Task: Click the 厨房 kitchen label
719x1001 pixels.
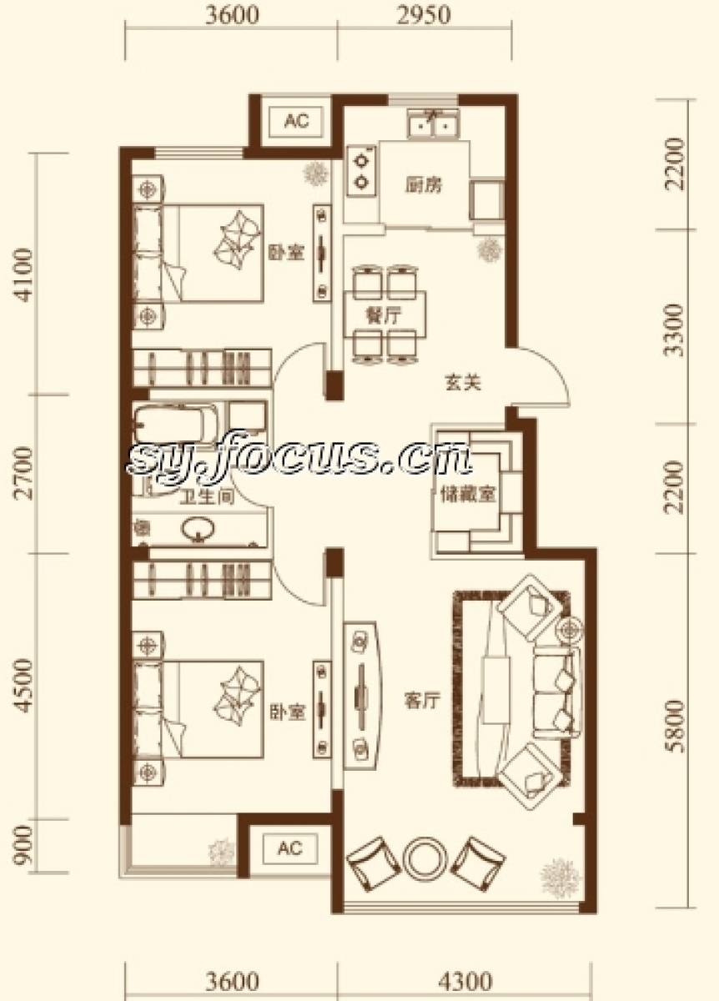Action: coord(423,185)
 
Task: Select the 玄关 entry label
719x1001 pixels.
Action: coord(463,383)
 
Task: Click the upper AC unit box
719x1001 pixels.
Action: coord(296,121)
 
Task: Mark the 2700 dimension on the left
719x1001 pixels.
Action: coord(23,472)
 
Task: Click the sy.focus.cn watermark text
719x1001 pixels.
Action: coord(299,459)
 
